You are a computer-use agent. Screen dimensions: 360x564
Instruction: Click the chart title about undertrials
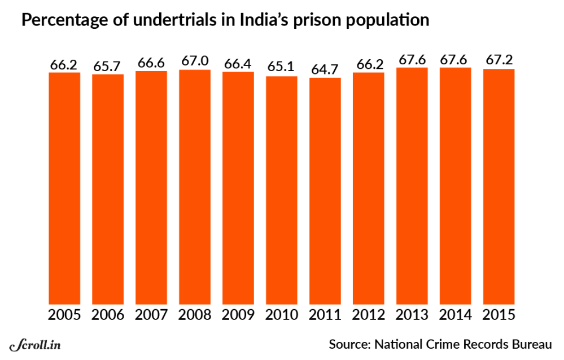pyautogui.click(x=225, y=21)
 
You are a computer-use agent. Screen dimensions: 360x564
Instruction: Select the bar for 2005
pyautogui.click(x=64, y=189)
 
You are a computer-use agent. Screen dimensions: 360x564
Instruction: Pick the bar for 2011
pyautogui.click(x=325, y=191)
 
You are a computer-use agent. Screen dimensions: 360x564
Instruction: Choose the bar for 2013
pyautogui.click(x=412, y=186)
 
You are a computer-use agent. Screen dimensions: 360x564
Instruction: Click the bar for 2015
pyautogui.click(x=499, y=187)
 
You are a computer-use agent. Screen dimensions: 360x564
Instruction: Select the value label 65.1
pyautogui.click(x=282, y=67)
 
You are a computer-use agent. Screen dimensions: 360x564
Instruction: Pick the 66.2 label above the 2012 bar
pyautogui.click(x=369, y=64)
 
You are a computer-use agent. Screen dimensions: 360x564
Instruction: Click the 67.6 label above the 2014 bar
pyautogui.click(x=456, y=59)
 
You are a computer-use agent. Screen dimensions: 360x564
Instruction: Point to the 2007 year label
pyautogui.click(x=151, y=314)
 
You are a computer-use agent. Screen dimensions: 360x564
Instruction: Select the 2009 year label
pyautogui.click(x=238, y=314)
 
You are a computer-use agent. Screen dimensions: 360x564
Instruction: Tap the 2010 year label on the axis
pyautogui.click(x=282, y=314)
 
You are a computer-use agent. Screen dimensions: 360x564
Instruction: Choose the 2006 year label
pyautogui.click(x=108, y=314)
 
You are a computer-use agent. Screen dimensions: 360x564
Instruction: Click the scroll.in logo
pyautogui.click(x=35, y=344)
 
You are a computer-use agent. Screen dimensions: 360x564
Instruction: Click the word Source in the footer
pyautogui.click(x=349, y=344)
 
